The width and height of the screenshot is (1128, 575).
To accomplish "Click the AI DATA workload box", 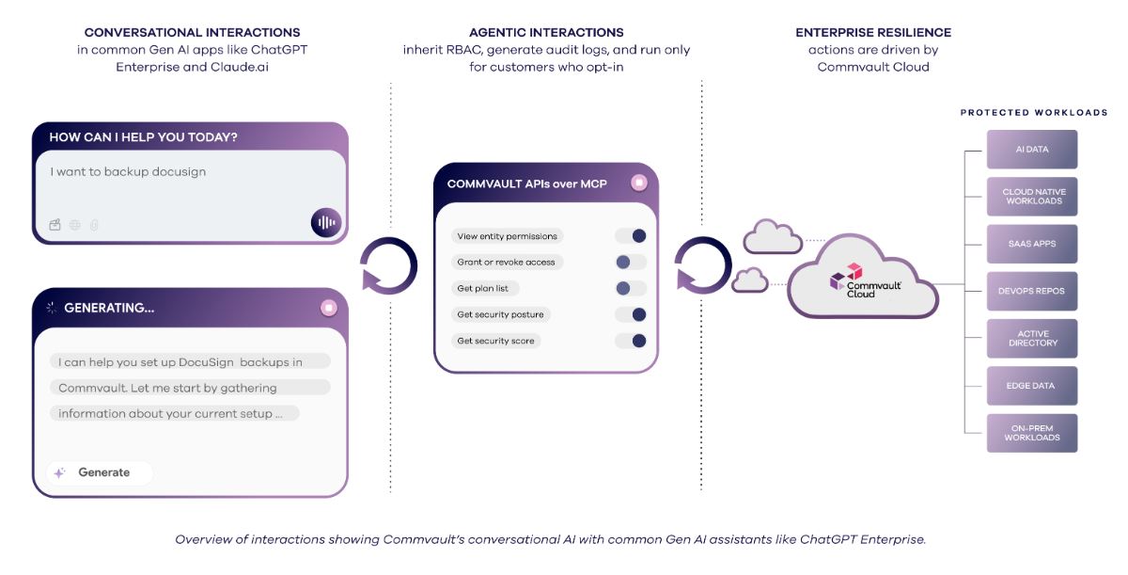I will tap(1031, 150).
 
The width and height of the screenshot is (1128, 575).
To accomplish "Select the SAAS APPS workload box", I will tap(1031, 244).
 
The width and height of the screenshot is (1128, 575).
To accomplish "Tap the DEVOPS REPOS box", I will tap(1031, 291).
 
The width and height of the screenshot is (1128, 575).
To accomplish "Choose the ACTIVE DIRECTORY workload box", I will tap(1031, 339).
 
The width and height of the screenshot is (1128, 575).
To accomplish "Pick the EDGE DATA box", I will tap(1031, 386).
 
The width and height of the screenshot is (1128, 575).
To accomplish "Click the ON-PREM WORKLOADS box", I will tap(1031, 433).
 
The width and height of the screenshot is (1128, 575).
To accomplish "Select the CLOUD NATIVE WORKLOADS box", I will tap(1031, 197).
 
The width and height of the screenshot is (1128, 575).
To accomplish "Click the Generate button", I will tap(100, 472).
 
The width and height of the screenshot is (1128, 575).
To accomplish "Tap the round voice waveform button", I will tap(326, 223).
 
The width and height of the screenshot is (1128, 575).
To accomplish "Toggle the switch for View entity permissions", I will tap(631, 236).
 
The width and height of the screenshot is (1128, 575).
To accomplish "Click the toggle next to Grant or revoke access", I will tap(631, 262).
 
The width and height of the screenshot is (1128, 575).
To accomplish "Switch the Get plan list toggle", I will tap(631, 288).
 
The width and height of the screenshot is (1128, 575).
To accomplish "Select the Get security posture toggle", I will tap(631, 314).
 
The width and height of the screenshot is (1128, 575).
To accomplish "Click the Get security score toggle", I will tap(631, 341).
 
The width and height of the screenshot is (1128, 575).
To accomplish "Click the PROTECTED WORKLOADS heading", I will tap(1033, 113).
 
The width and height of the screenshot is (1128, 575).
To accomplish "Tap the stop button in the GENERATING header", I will tap(328, 308).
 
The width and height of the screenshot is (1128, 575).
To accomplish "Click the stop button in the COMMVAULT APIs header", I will tap(639, 183).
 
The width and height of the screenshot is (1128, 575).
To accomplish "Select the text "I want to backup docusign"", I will tap(128, 172).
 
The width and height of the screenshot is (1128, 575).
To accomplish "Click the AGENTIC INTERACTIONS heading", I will tap(546, 33).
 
